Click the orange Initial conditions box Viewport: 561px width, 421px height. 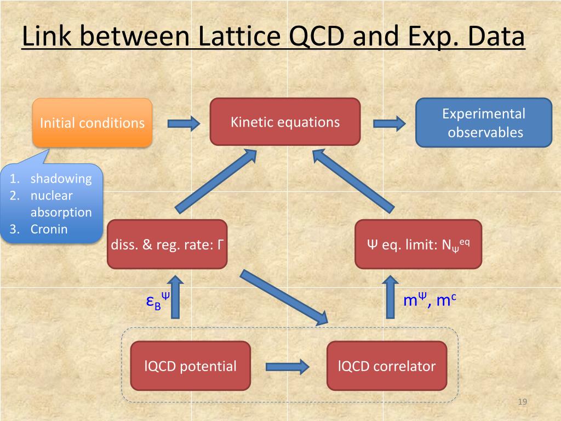pyautogui.click(x=92, y=123)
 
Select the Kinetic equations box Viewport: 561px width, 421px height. pyautogui.click(x=285, y=122)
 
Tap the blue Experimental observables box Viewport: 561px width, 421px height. pyautogui.click(x=483, y=123)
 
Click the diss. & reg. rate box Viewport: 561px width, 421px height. pyautogui.click(x=167, y=244)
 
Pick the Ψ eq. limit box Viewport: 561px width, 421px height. pyautogui.click(x=418, y=244)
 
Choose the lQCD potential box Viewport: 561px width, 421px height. pyautogui.click(x=190, y=366)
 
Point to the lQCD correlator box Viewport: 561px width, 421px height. pyautogui.click(x=387, y=366)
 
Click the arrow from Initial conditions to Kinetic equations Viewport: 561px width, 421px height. pyautogui.click(x=184, y=123)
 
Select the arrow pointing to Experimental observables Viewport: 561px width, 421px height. pyautogui.click(x=389, y=123)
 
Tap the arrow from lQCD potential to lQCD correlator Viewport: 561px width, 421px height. pyautogui.click(x=288, y=366)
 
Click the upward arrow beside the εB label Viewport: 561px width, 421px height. pyautogui.click(x=175, y=297)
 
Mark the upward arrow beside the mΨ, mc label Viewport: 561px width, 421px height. pyautogui.click(x=390, y=297)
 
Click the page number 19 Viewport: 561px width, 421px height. pyautogui.click(x=522, y=403)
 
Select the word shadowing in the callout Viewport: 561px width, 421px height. pyautogui.click(x=61, y=179)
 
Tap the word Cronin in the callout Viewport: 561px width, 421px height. pyautogui.click(x=49, y=229)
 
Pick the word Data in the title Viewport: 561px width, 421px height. pyautogui.click(x=496, y=37)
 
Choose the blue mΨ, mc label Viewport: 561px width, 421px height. pyautogui.click(x=430, y=300)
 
